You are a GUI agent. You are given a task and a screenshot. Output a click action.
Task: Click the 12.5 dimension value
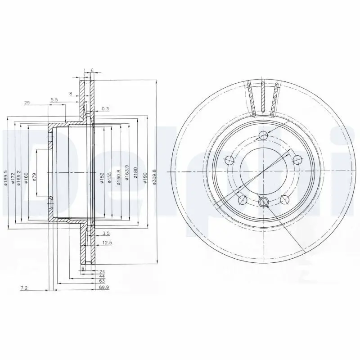point(107,243)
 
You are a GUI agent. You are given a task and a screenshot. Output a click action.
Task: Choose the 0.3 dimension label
point(105,108)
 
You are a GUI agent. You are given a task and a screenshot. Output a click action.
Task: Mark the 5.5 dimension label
point(54,99)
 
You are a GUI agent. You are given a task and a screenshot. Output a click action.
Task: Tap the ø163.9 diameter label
point(128,172)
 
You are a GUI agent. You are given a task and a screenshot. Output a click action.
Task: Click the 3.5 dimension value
point(106,233)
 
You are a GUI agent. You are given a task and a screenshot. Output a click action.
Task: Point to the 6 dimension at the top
point(92,71)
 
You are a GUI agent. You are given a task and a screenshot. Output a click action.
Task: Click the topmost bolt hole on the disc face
point(264,136)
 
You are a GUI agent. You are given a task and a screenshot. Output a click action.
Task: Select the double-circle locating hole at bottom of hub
point(264,202)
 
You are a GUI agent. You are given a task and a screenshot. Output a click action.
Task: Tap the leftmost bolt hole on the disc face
point(229,159)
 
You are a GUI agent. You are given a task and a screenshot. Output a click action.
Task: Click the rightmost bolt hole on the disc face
point(298,159)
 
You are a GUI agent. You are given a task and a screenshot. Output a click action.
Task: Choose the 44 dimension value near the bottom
point(103,276)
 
